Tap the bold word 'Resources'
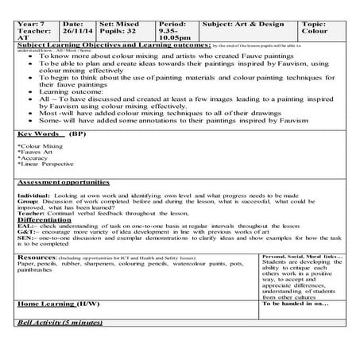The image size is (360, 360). pos(36,258)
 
